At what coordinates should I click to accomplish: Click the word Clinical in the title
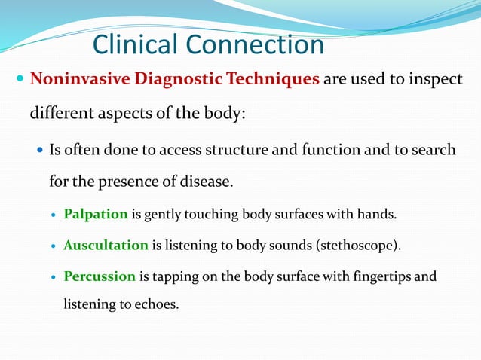pyautogui.click(x=136, y=44)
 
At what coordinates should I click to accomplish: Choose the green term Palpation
pyautogui.click(x=96, y=214)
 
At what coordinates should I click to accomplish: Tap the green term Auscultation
pyautogui.click(x=106, y=245)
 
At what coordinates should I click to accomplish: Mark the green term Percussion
pyautogui.click(x=100, y=276)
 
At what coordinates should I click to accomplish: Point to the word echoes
pyautogui.click(x=156, y=305)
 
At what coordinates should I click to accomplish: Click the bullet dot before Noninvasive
pyautogui.click(x=20, y=80)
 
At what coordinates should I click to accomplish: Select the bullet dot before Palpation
pyautogui.click(x=52, y=215)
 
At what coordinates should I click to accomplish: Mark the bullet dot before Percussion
pyautogui.click(x=52, y=276)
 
